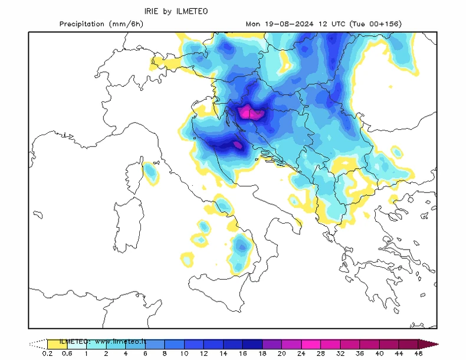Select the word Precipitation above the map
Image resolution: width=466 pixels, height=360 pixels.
pyautogui.click(x=83, y=24)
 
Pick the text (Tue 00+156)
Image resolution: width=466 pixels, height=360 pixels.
pyautogui.click(x=375, y=24)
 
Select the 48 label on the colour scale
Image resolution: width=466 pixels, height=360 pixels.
pyautogui.click(x=418, y=354)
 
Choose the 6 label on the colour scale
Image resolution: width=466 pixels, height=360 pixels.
pyautogui.click(x=146, y=354)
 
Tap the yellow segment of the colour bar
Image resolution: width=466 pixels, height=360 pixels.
pyautogui.click(x=57, y=343)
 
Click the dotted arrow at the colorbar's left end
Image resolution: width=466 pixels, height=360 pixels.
pyautogui.click(x=38, y=343)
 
